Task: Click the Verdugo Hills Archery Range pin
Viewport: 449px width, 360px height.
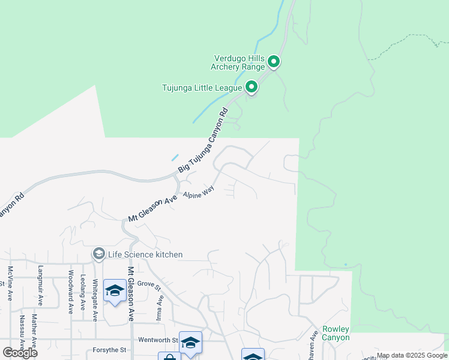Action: (273, 61)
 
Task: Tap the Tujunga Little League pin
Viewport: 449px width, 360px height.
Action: (252, 88)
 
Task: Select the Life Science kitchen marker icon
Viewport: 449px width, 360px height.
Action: (98, 254)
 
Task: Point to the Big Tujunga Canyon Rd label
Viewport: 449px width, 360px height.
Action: (204, 142)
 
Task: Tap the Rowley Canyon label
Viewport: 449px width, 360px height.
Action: (336, 333)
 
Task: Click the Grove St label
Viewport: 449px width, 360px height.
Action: (150, 285)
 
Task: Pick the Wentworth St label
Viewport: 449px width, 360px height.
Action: (158, 340)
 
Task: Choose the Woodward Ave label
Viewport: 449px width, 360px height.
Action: (70, 293)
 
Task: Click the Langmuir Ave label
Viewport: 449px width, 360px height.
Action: (40, 284)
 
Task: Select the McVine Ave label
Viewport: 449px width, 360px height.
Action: (10, 284)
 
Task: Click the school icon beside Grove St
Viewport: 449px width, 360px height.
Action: (115, 291)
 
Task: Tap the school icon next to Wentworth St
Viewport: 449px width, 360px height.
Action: (190, 343)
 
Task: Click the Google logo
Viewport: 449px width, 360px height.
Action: (20, 352)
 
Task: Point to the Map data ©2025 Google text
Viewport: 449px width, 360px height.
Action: (412, 355)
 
